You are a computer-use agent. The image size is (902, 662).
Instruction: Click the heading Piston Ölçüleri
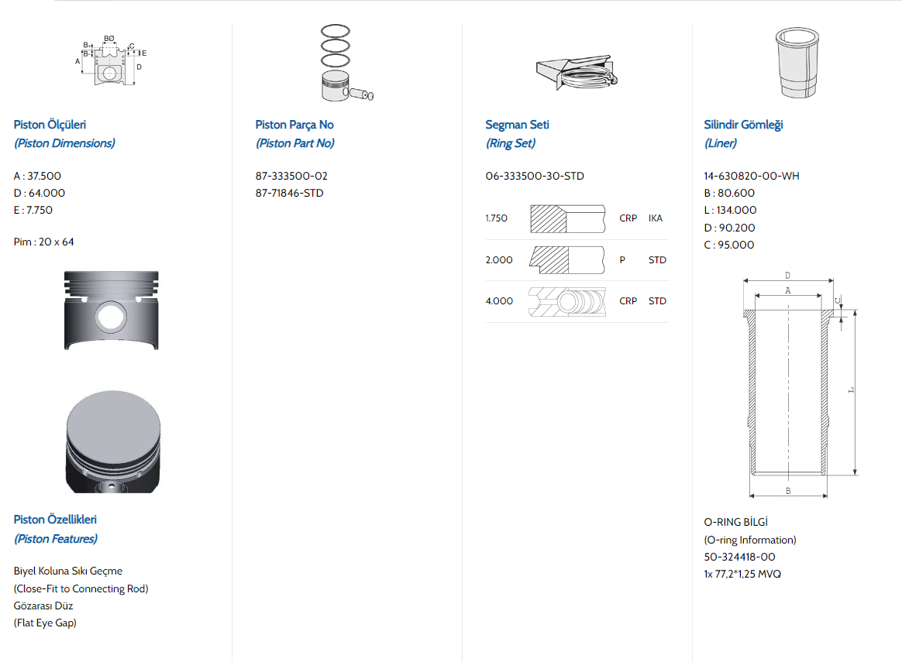pos(50,125)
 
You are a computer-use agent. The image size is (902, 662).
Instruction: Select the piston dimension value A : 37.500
pos(37,176)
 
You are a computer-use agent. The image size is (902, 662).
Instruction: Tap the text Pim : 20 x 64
pos(44,242)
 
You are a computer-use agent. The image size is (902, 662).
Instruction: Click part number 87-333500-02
pos(291,176)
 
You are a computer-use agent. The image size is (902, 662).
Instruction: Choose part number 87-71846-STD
pos(289,193)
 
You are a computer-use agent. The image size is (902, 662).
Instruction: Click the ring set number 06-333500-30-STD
pos(535,176)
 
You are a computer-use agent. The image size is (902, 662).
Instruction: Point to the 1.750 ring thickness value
pos(497,218)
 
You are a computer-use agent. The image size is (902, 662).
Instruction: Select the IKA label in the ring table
pos(656,218)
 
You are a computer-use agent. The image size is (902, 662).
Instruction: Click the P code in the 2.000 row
pos(622,260)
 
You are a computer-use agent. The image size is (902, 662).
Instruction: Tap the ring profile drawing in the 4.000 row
pos(566,301)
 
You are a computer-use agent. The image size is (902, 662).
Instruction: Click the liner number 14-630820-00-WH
pos(752,176)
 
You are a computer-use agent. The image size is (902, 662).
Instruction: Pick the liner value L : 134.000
pos(730,210)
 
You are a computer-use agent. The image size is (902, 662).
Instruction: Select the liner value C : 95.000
pos(728,245)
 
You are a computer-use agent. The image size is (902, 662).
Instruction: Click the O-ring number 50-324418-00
pos(739,557)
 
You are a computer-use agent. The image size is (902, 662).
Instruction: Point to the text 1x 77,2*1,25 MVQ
pos(742,574)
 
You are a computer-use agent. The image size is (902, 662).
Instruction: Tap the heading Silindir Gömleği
pos(743,125)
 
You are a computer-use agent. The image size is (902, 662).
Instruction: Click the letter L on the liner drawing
pos(850,391)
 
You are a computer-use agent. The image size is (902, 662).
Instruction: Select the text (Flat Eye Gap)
pos(45,623)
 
